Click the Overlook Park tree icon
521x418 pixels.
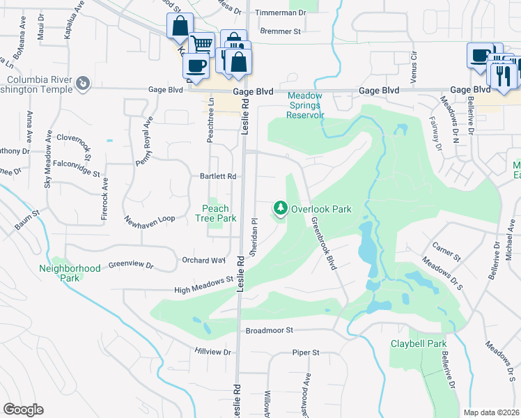(x=280, y=208)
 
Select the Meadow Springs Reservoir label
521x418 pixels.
(x=305, y=105)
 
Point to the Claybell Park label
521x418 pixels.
(x=418, y=343)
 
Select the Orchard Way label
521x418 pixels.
(x=204, y=260)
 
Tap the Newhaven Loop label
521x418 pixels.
(x=150, y=218)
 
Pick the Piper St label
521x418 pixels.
(x=305, y=353)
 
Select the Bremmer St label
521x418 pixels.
(x=279, y=31)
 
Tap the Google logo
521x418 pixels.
(x=23, y=410)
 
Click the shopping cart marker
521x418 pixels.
(x=201, y=43)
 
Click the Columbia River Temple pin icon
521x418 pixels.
(x=83, y=83)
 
